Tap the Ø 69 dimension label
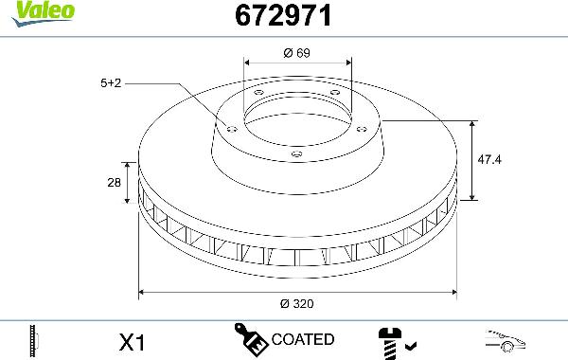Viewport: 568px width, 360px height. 297,54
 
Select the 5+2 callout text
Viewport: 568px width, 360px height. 111,83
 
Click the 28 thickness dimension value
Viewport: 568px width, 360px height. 115,183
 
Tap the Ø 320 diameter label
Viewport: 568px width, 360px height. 297,304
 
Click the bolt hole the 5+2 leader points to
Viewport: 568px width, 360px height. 230,125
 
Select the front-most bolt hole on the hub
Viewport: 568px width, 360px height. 296,153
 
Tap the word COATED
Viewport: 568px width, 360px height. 303,339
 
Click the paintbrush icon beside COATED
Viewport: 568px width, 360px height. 251,338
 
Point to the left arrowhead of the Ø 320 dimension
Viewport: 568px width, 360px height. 144,291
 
